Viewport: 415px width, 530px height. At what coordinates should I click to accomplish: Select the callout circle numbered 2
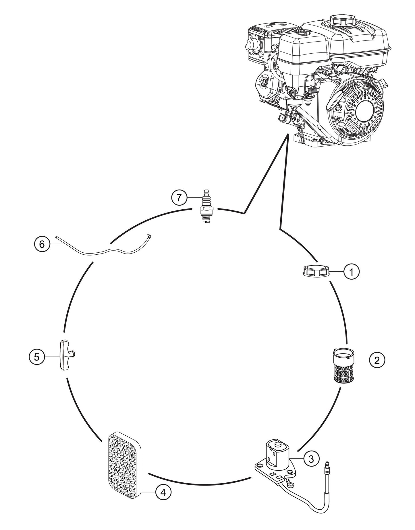click(377, 360)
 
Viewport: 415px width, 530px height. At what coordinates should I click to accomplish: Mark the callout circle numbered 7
click(179, 198)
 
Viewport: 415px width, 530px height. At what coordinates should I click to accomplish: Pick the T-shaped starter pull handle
click(65, 355)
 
